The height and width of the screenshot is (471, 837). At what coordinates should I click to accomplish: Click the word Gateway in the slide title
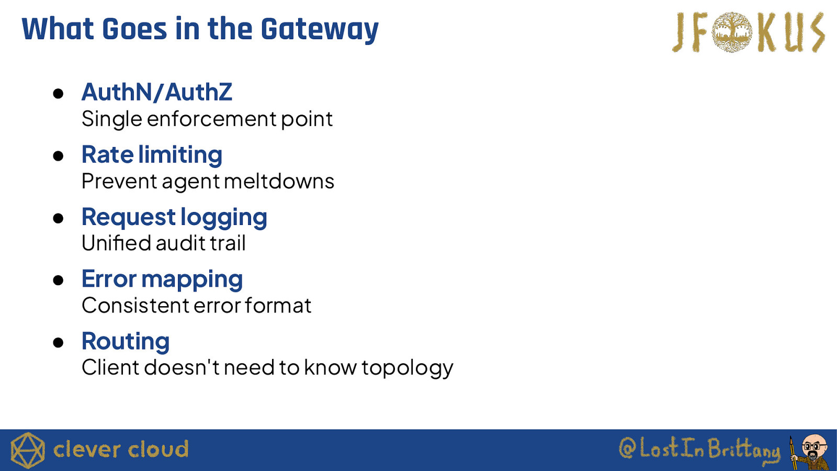tap(320, 30)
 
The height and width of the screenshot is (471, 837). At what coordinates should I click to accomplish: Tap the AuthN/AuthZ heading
tap(157, 92)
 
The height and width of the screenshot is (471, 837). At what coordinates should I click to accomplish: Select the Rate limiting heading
tap(152, 154)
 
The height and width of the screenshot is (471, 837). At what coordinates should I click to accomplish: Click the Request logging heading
tap(174, 218)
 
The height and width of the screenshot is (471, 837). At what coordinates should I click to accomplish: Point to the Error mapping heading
tap(162, 279)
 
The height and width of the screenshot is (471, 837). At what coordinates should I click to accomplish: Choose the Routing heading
tap(126, 342)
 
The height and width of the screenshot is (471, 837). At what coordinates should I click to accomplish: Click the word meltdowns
tap(279, 181)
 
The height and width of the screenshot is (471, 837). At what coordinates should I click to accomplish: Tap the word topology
tap(408, 368)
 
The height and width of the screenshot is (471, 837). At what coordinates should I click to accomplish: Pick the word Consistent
tap(135, 306)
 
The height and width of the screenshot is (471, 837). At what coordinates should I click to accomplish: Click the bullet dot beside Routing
tap(58, 342)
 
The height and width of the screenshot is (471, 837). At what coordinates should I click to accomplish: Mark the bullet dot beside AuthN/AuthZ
tap(58, 94)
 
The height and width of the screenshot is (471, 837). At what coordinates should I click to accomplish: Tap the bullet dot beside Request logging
tap(58, 218)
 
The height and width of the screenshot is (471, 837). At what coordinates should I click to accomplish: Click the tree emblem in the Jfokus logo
tap(732, 32)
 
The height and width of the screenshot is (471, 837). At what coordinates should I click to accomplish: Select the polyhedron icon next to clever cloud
tap(28, 450)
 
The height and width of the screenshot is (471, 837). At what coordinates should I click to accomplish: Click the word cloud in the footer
tap(158, 450)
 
